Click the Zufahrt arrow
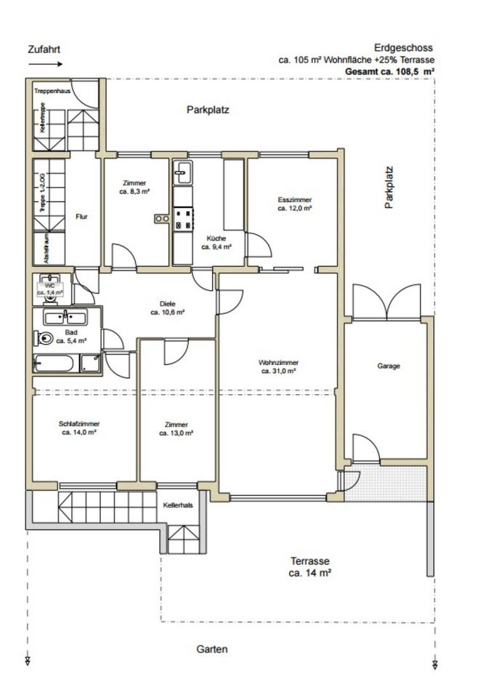pos(46,64)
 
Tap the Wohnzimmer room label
pos(278,366)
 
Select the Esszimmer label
pos(294,204)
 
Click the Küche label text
pos(216,243)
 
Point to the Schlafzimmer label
pos(79,428)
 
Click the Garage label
pos(389,366)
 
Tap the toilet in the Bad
pos(43,338)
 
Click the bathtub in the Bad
pos(53,364)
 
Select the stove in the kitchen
pos(183,219)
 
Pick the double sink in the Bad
pos(65,318)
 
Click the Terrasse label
pos(310,566)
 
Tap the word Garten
pos(211,649)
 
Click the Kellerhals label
pos(178,505)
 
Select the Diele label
pos(167,308)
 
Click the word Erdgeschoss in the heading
pos(403,48)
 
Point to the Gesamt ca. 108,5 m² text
pos(390,71)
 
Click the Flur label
pos(82,217)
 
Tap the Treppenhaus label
pos(52,91)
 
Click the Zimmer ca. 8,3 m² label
pos(134,188)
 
